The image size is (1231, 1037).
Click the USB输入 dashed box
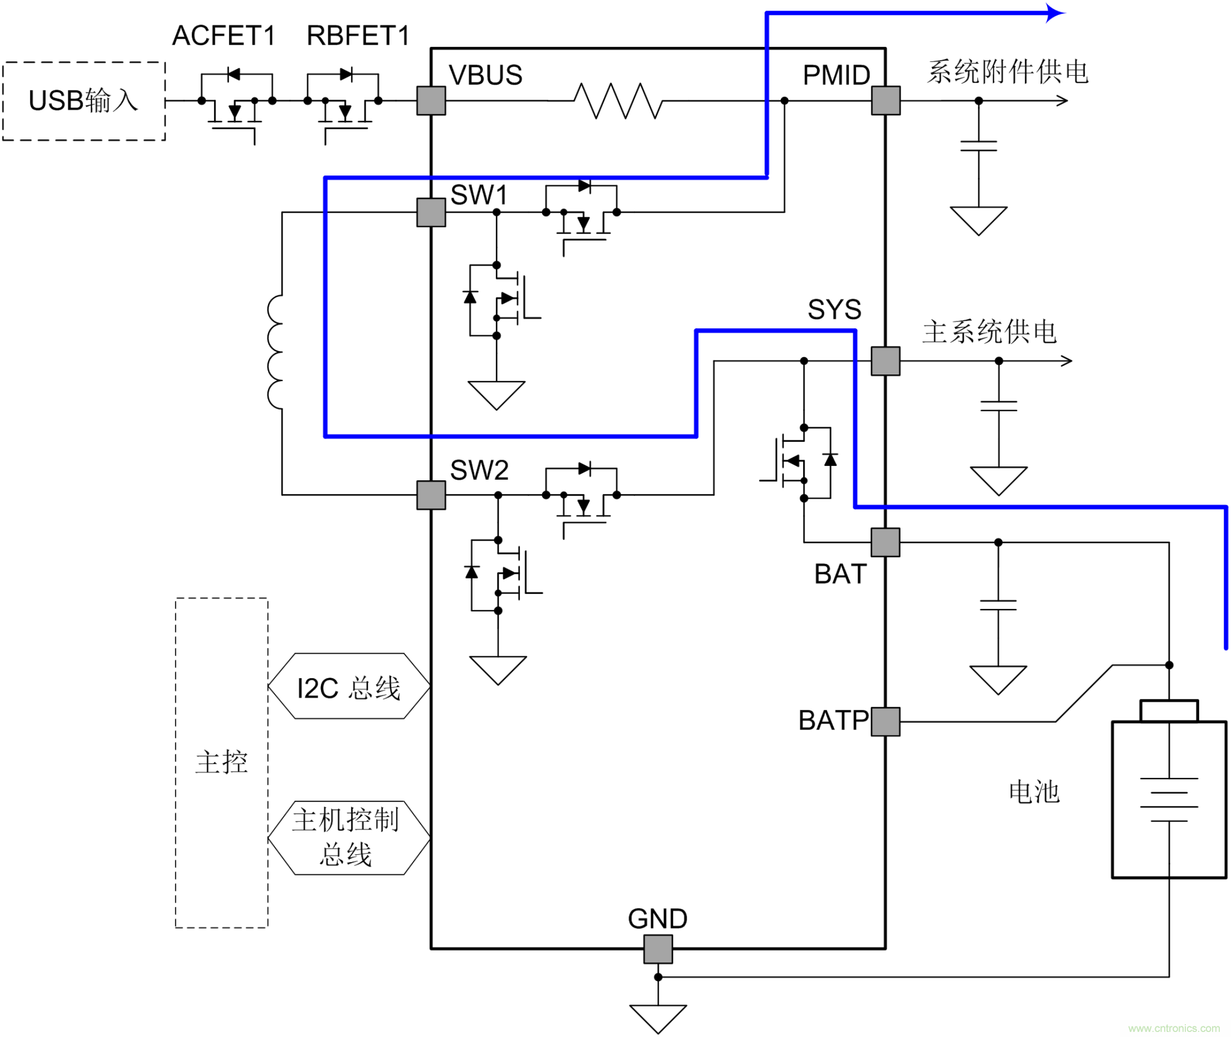pos(84,101)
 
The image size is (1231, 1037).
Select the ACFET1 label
pos(223,36)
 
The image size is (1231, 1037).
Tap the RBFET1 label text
pos(357,36)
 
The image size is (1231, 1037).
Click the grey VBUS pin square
pos(431,100)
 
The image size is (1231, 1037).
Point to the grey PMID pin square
pos(885,100)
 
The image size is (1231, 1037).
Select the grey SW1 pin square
pos(431,212)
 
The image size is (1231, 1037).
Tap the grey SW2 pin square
pos(431,495)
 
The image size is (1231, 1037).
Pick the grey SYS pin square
pos(885,361)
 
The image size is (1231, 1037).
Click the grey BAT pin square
pos(885,542)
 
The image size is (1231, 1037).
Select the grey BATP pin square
pos(885,721)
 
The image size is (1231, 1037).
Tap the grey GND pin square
pos(658,949)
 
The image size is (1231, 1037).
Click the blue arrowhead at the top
pos(1056,12)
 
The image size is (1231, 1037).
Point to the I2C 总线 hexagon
pos(349,686)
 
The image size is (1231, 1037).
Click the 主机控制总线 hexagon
pos(349,838)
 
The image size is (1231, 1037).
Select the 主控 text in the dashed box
pos(222,762)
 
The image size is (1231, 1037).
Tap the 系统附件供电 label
pos(1008,72)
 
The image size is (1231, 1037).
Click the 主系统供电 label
pos(989,332)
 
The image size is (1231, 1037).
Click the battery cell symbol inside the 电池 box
pos(1169,800)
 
